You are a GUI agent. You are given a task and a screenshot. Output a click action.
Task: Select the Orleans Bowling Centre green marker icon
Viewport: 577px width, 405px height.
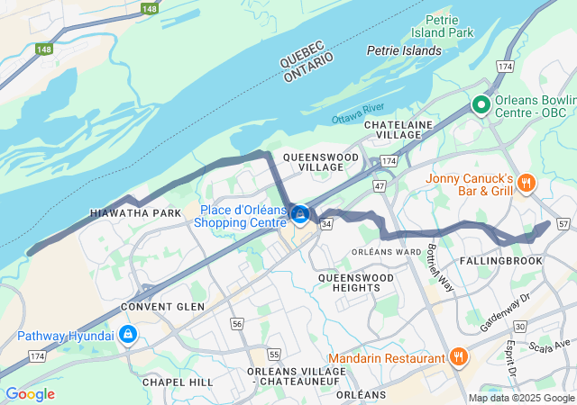(481, 105)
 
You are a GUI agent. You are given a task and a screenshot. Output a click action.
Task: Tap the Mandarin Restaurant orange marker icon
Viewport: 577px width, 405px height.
(459, 357)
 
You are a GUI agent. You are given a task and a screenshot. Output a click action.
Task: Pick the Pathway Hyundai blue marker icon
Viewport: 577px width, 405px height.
(128, 336)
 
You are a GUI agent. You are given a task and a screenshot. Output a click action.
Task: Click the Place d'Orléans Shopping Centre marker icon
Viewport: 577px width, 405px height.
(301, 215)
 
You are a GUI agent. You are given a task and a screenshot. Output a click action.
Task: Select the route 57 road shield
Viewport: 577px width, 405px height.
(564, 222)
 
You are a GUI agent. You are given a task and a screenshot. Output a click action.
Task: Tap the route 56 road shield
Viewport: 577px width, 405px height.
(236, 323)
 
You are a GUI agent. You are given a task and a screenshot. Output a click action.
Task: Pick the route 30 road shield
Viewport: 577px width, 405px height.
(519, 327)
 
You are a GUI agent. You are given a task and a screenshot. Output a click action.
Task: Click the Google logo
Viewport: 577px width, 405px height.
(30, 393)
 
